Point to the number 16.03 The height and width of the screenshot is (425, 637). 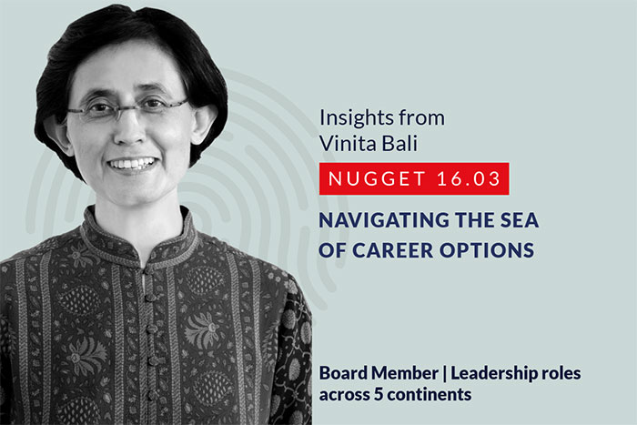pyautogui.click(x=469, y=178)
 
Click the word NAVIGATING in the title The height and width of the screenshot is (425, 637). pyautogui.click(x=384, y=220)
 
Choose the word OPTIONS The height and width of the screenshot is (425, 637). pyautogui.click(x=487, y=250)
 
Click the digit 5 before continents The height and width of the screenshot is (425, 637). pyautogui.click(x=379, y=395)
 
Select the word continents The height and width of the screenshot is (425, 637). pyautogui.click(x=429, y=395)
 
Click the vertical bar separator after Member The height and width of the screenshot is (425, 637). pyautogui.click(x=444, y=373)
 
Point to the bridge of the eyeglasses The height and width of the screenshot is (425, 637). pyautogui.click(x=129, y=107)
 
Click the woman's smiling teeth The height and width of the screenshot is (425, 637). pyautogui.click(x=133, y=163)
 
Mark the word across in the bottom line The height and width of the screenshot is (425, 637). pyautogui.click(x=345, y=395)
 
